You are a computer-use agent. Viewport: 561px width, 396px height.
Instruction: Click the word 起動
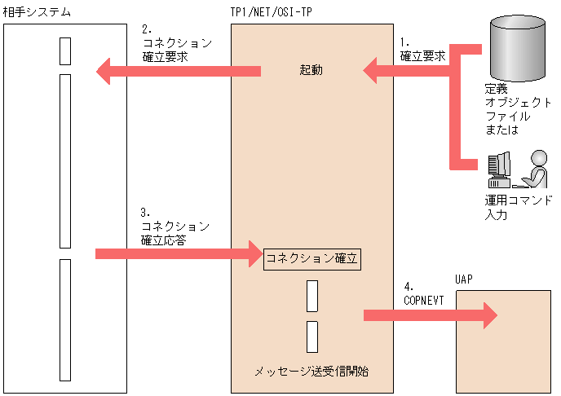click(x=311, y=71)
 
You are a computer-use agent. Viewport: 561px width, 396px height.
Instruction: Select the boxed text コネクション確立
click(x=312, y=258)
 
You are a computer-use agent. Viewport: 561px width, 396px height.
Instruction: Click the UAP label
click(x=465, y=279)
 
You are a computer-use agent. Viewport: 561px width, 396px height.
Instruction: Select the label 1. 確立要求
click(x=422, y=50)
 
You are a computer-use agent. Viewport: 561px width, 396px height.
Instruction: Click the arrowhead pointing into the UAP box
click(x=487, y=314)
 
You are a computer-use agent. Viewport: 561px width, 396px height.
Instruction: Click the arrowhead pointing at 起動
click(x=373, y=71)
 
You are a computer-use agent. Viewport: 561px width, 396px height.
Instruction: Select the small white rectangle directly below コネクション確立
click(x=312, y=296)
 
